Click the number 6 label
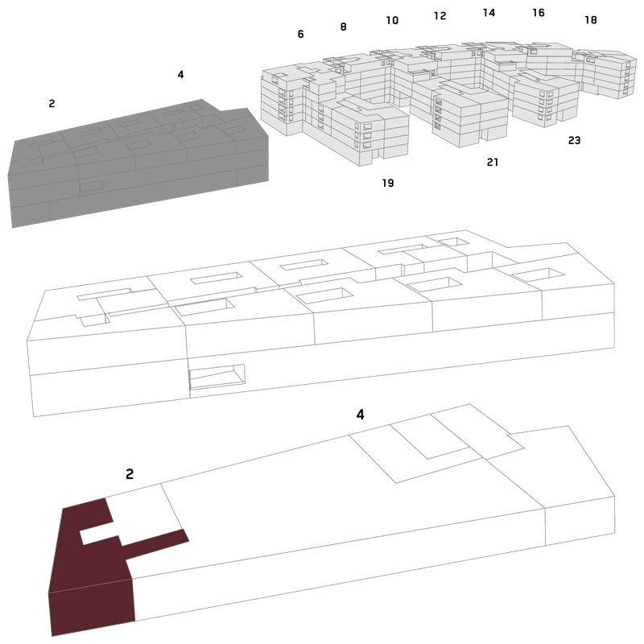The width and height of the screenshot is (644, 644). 300,34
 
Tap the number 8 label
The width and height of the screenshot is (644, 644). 344,27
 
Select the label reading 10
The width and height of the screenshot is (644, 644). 392,20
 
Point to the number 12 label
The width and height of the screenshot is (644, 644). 440,15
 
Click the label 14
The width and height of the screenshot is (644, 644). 489,13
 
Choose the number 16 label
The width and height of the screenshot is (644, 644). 539,13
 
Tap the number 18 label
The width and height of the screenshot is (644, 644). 591,19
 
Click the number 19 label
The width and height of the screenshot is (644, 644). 388,183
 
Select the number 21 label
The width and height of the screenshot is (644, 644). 493,163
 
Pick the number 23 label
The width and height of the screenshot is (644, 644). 574,140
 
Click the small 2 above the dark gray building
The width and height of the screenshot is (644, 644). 52,104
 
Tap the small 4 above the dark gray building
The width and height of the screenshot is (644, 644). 180,74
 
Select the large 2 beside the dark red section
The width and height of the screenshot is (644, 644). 130,474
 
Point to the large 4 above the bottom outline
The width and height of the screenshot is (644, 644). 360,415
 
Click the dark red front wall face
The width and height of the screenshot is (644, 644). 93,607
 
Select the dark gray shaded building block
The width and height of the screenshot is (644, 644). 139,164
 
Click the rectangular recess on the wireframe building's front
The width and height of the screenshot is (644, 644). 217,376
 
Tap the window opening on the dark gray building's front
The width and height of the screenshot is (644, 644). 92,187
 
